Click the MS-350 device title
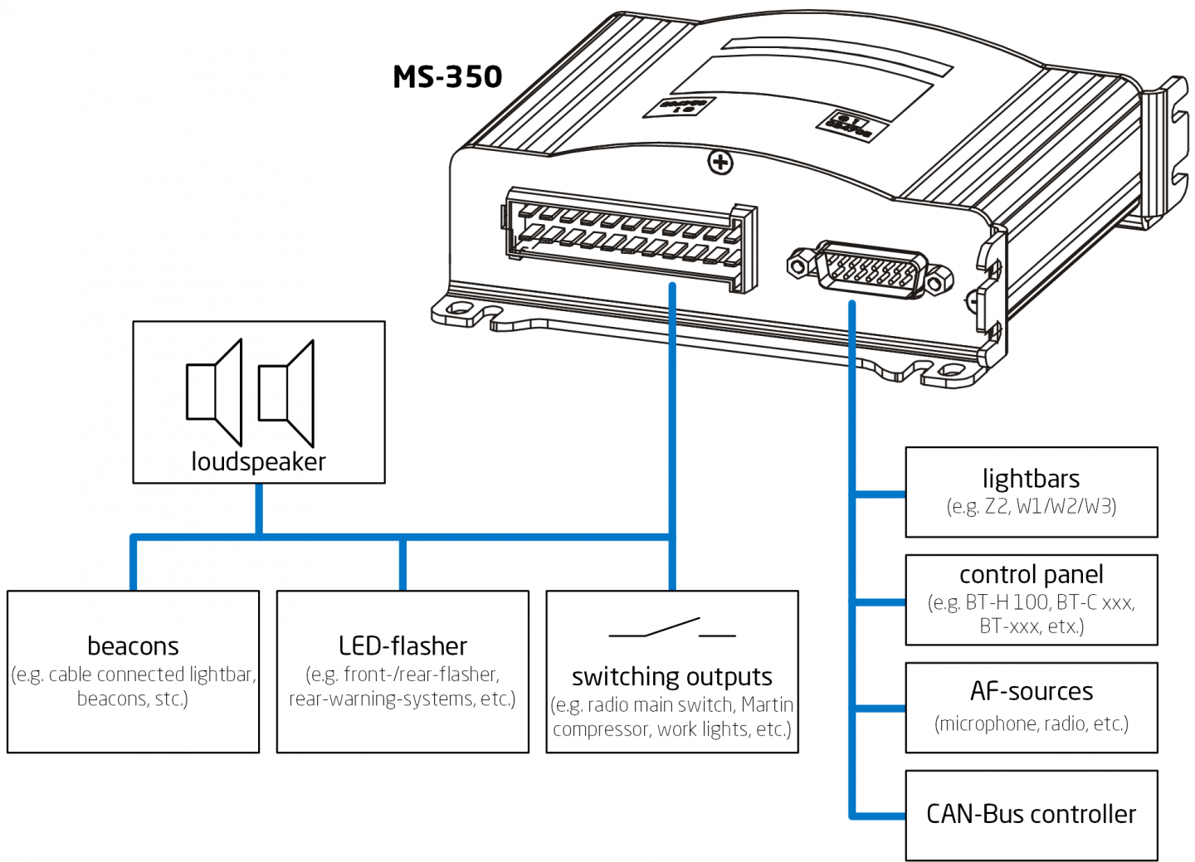coord(447,77)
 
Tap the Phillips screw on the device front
coord(719,163)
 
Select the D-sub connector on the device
coord(869,270)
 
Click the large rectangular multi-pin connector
coord(629,239)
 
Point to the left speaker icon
coord(214,392)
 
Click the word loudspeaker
coord(258,461)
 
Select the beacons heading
coord(133,645)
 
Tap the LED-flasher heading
coord(402,645)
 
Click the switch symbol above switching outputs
coord(671,629)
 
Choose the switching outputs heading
coord(671,677)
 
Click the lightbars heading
coord(1031,479)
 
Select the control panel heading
coord(1031,574)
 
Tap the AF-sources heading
coord(1031,691)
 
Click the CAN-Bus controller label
coord(1031,814)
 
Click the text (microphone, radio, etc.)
coord(1031,723)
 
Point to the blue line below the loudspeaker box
coord(259,509)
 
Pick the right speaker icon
coord(287,392)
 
